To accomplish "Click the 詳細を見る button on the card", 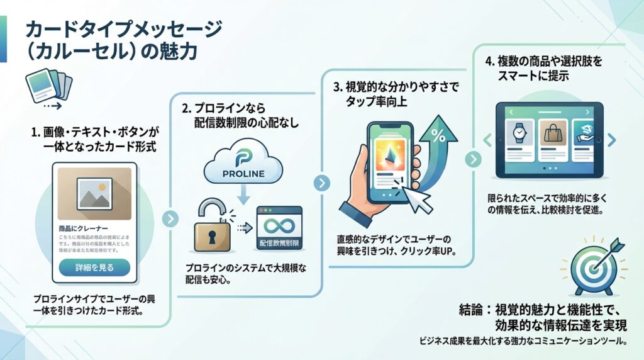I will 94,267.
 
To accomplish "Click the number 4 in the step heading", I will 489,62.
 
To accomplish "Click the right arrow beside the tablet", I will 613,139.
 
